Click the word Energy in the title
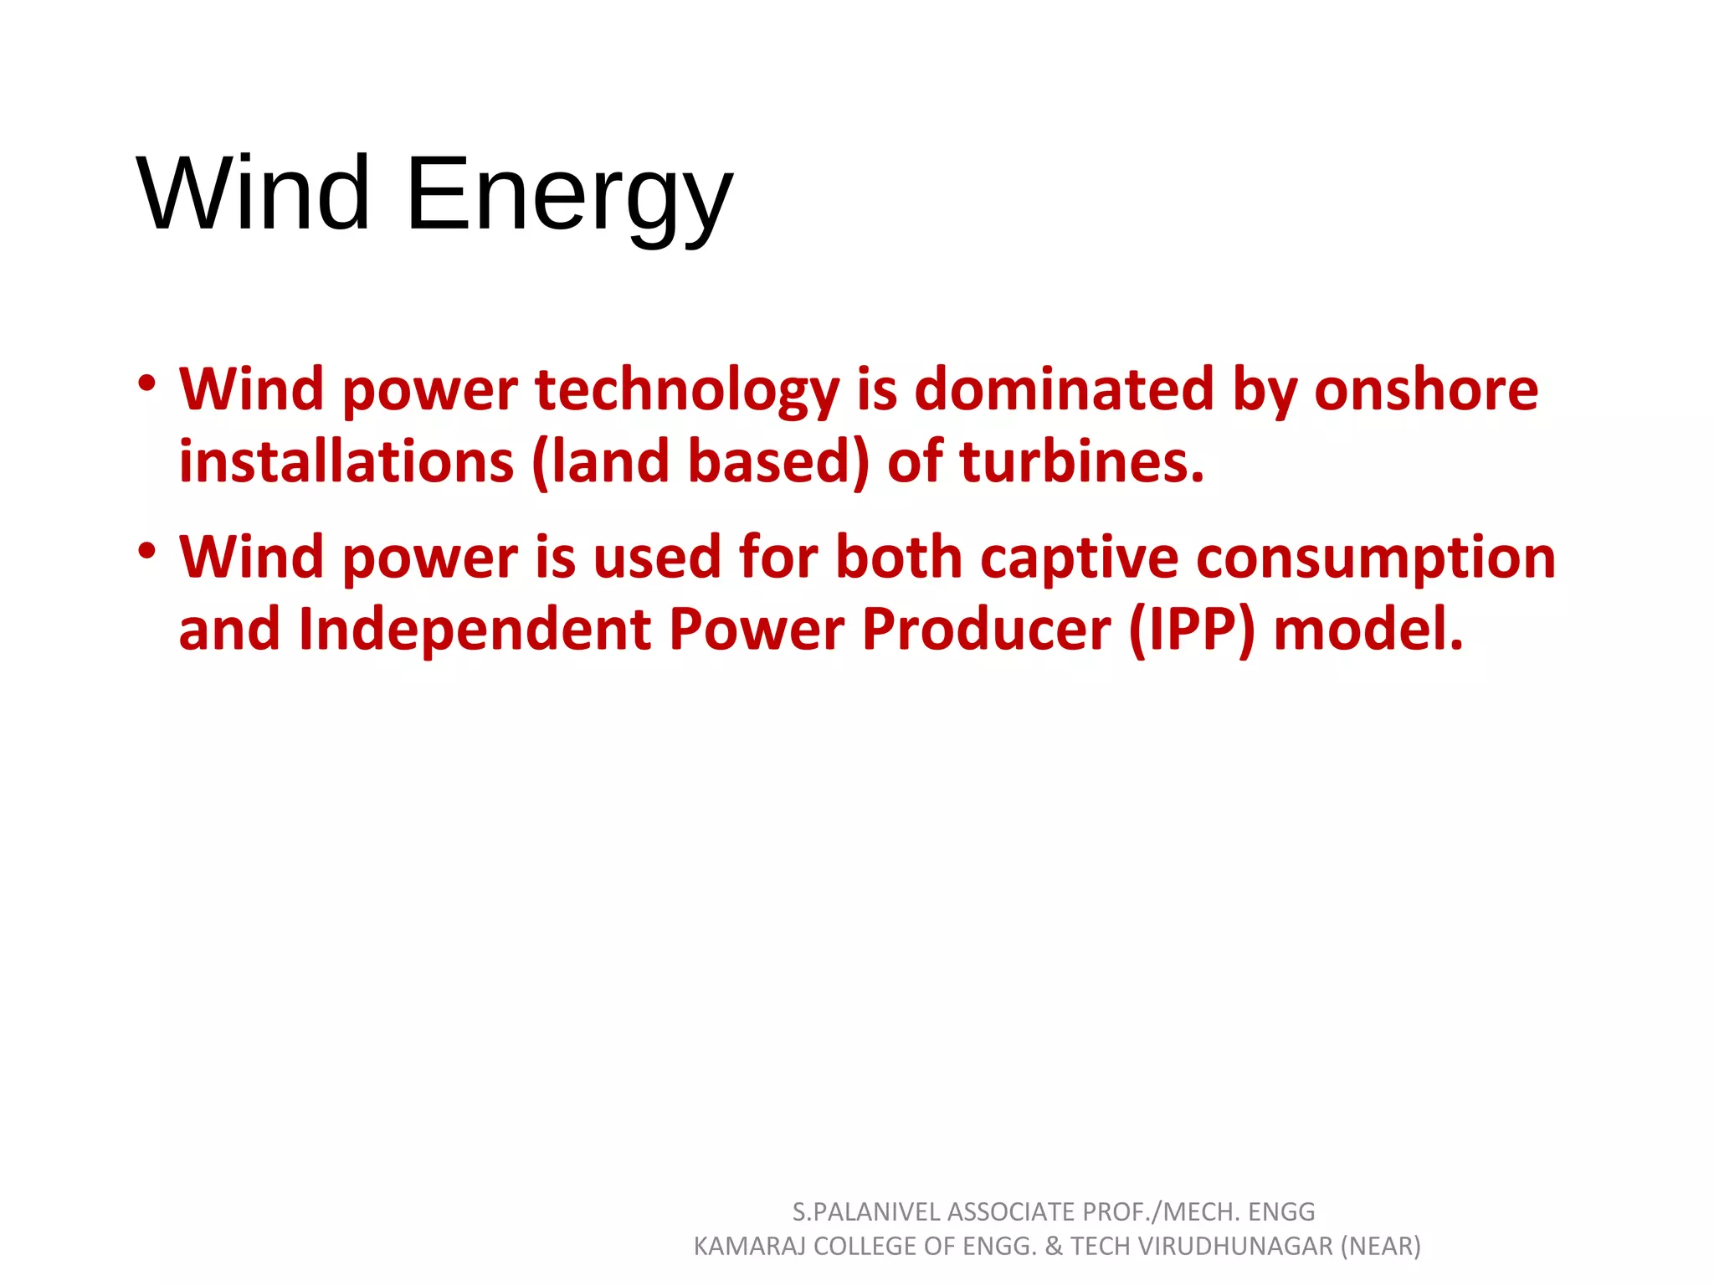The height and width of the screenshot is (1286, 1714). pyautogui.click(x=569, y=197)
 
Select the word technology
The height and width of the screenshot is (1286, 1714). pyautogui.click(x=686, y=391)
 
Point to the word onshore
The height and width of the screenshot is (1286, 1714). pyautogui.click(x=1425, y=390)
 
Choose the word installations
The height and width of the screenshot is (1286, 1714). pyautogui.click(x=346, y=462)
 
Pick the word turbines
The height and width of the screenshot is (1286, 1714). pyautogui.click(x=1080, y=462)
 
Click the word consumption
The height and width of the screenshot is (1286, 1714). pyautogui.click(x=1376, y=558)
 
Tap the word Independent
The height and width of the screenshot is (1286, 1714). pyautogui.click(x=474, y=630)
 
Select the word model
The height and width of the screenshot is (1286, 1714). pyautogui.click(x=1368, y=630)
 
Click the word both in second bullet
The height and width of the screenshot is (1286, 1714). pyautogui.click(x=899, y=558)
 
